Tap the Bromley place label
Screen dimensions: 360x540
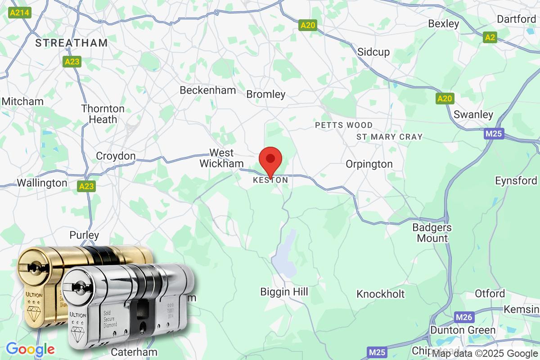pyautogui.click(x=266, y=94)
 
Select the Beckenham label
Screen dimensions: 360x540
pyautogui.click(x=207, y=90)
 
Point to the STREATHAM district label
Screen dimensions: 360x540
pyautogui.click(x=72, y=43)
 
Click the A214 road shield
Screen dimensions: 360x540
pyautogui.click(x=19, y=13)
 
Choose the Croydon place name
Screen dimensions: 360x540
pyautogui.click(x=116, y=156)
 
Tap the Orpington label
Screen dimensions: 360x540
pyautogui.click(x=369, y=164)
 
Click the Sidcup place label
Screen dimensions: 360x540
pyautogui.click(x=373, y=52)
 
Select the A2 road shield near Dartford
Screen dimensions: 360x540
pyautogui.click(x=490, y=37)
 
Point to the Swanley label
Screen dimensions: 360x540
pyautogui.click(x=473, y=115)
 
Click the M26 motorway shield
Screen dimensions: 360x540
pyautogui.click(x=464, y=318)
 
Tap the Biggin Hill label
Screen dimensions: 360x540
pyautogui.click(x=284, y=292)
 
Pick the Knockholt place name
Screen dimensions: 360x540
pyautogui.click(x=381, y=294)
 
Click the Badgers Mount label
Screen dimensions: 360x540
pyautogui.click(x=432, y=233)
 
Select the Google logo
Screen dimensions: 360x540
pyautogui.click(x=30, y=349)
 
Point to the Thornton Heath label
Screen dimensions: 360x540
pyautogui.click(x=103, y=114)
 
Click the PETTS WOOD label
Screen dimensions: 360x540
pyautogui.click(x=344, y=125)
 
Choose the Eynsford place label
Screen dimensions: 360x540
pyautogui.click(x=516, y=181)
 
